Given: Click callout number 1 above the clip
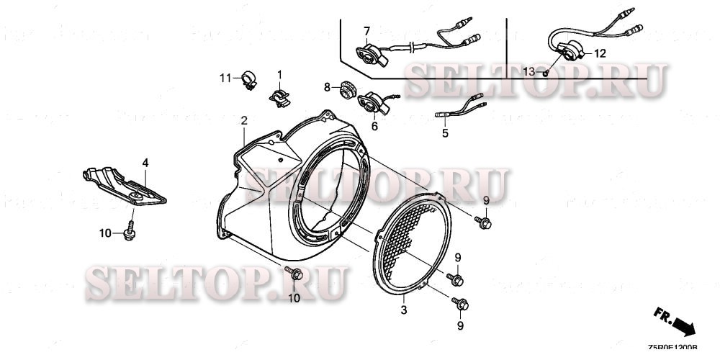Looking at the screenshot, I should click(x=280, y=73).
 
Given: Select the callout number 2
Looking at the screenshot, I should click(x=244, y=120).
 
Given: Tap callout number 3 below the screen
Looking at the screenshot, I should click(x=404, y=310).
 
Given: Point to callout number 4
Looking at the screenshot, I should click(x=145, y=164).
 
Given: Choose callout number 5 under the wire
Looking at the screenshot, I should click(x=445, y=133).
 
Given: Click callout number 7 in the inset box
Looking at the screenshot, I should click(x=366, y=30).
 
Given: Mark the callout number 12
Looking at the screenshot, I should click(x=600, y=53).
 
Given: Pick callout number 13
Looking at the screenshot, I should click(x=529, y=72).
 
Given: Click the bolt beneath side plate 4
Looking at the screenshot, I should click(x=130, y=231).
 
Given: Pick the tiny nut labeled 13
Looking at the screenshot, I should click(x=546, y=73).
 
